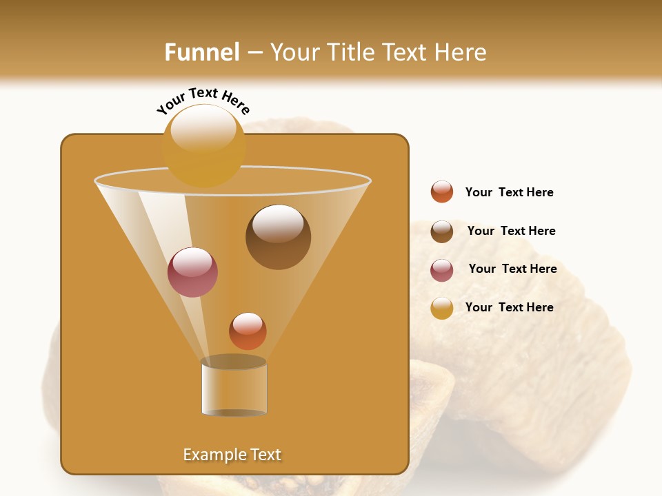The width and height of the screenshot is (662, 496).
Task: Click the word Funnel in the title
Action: click(x=201, y=52)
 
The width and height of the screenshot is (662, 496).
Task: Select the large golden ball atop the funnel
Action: click(x=203, y=146)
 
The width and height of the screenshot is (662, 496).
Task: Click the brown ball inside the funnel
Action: click(x=278, y=237)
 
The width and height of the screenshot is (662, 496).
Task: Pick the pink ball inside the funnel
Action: click(x=192, y=272)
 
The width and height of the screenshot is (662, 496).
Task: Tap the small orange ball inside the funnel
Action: click(x=248, y=331)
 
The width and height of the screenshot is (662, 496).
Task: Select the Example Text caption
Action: click(x=232, y=455)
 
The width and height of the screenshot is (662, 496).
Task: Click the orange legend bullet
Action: click(x=442, y=192)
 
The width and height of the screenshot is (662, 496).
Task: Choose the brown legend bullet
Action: click(x=442, y=231)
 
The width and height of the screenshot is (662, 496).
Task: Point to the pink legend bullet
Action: click(x=442, y=270)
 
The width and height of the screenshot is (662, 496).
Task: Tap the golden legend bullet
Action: click(x=442, y=308)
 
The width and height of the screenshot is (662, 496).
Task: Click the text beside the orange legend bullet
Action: click(x=509, y=193)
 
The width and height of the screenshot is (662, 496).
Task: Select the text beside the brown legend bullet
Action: click(x=511, y=231)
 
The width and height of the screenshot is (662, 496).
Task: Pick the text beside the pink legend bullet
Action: click(x=512, y=269)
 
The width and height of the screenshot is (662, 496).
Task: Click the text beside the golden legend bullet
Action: click(x=509, y=308)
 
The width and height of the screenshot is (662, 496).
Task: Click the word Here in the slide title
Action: click(x=462, y=52)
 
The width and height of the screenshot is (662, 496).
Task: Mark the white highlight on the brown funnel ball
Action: click(x=278, y=223)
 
